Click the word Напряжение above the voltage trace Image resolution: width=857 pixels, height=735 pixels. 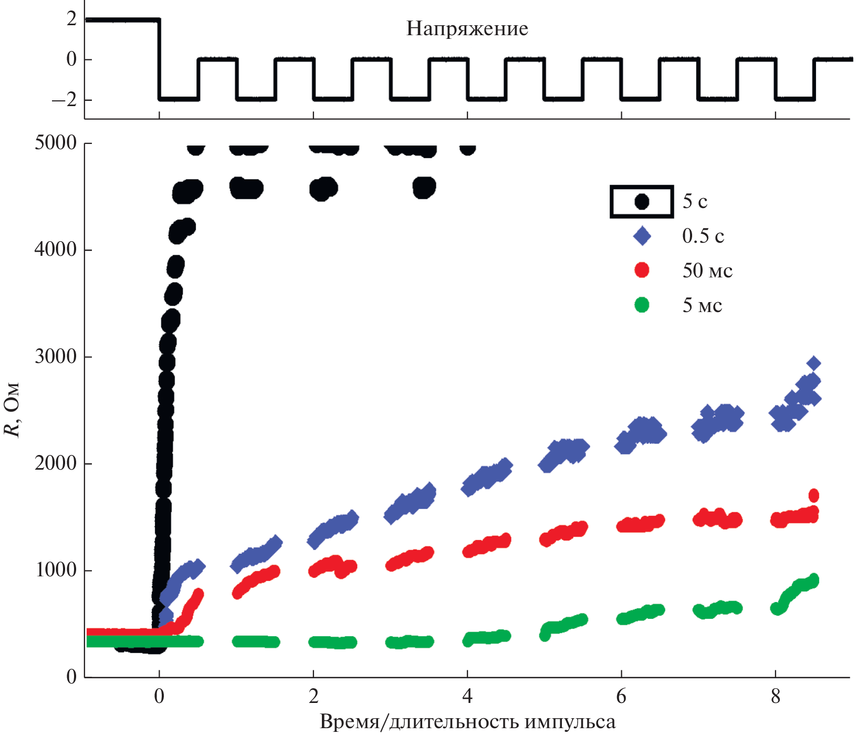coord(467,28)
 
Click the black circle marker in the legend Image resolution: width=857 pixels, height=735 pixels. coord(642,201)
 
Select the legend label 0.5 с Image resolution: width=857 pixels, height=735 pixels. coord(703,236)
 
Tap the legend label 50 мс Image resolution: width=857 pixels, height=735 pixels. coord(707,271)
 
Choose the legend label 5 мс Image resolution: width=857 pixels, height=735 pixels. coord(702,305)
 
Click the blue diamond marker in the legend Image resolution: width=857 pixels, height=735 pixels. coord(642,236)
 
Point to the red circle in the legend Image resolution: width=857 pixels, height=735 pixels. coord(642,270)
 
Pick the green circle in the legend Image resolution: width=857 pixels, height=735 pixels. coord(642,305)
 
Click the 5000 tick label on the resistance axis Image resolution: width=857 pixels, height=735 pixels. coord(56,143)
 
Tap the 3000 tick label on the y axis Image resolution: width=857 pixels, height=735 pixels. coord(56,357)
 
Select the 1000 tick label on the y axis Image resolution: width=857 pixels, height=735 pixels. coord(56,570)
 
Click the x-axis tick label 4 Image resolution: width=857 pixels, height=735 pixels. coord(467,697)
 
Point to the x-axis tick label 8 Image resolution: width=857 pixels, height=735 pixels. coord(776,697)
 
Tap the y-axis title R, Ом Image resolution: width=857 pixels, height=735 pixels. coord(12,410)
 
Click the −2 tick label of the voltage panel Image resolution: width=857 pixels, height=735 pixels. coord(64,100)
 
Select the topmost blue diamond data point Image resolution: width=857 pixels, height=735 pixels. coord(813,363)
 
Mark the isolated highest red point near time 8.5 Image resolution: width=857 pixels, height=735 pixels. coord(814,495)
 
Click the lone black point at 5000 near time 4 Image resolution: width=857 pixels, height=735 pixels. coord(467,149)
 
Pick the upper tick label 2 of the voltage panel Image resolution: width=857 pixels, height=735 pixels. coord(71,19)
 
